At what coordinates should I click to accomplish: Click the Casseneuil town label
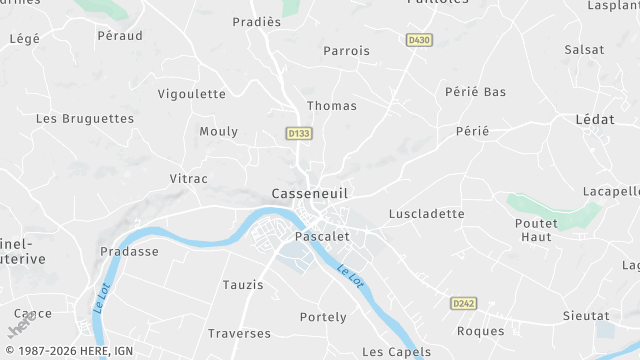tap(310, 194)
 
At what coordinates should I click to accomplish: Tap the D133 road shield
tap(298, 133)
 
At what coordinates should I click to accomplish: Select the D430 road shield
tap(419, 40)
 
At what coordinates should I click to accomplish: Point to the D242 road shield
tap(462, 303)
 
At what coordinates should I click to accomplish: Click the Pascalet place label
tap(322, 237)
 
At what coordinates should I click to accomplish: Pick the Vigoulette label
tap(192, 94)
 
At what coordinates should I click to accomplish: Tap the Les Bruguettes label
tap(85, 118)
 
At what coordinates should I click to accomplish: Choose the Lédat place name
tap(595, 119)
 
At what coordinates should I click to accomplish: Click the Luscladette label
tap(427, 214)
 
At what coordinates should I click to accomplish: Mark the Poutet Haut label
tap(536, 230)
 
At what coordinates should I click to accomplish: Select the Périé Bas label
tap(475, 92)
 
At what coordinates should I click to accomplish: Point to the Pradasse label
tap(129, 252)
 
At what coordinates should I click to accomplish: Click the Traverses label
tap(239, 333)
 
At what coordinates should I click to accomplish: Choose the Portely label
tap(323, 318)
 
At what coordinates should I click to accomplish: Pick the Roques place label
tap(480, 332)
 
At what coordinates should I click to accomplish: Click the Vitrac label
tap(188, 179)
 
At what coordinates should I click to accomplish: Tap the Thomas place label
tap(332, 106)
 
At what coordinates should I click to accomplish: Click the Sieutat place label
tap(585, 316)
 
